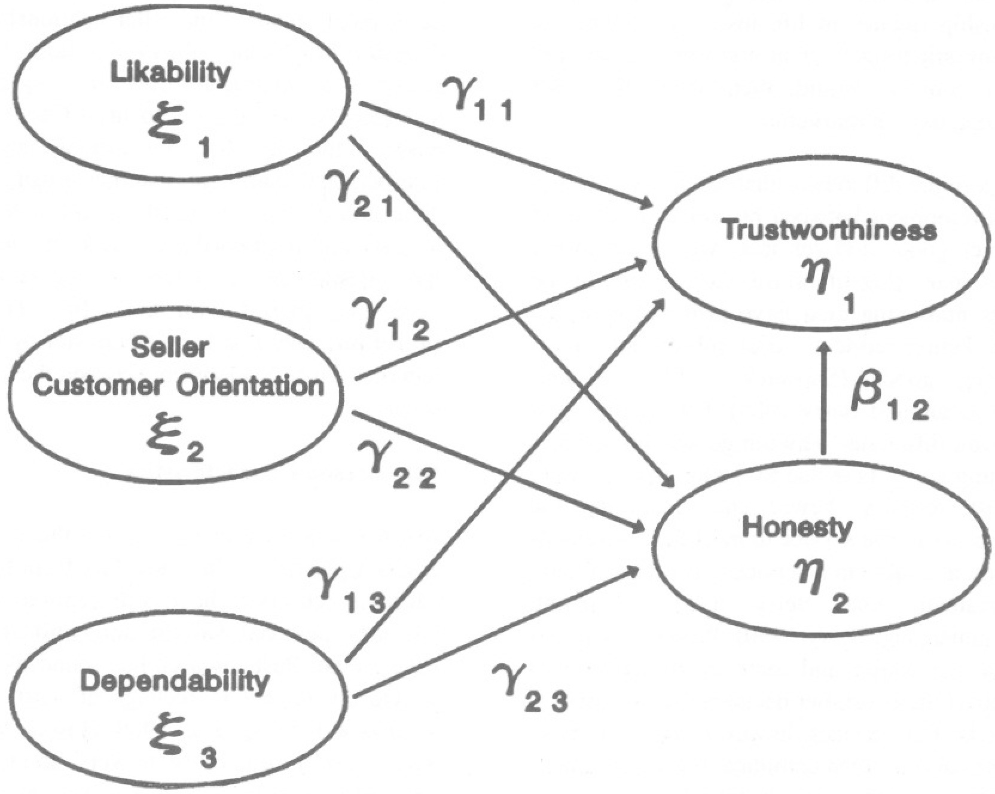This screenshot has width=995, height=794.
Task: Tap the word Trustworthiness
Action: click(x=829, y=230)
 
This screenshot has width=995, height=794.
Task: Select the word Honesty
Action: click(x=796, y=527)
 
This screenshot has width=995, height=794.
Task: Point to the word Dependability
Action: click(x=175, y=681)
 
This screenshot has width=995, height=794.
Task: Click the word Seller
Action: click(x=170, y=347)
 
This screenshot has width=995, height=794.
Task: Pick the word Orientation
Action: click(x=249, y=386)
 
